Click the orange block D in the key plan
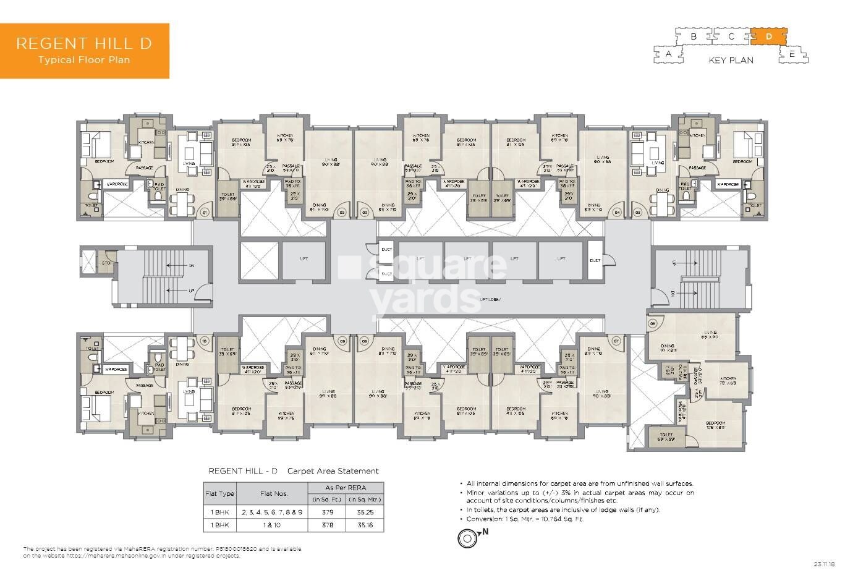coord(769,36)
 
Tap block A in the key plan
coord(669,54)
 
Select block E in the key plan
coord(792,54)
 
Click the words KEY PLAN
coord(731,61)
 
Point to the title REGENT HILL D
coord(84,43)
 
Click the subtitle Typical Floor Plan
coord(84,60)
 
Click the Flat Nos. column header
coord(273,493)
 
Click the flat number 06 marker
coord(652,323)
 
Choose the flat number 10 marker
coord(205,340)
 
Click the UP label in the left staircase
coord(191,290)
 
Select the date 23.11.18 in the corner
coord(825,563)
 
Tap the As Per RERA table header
coord(346,488)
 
